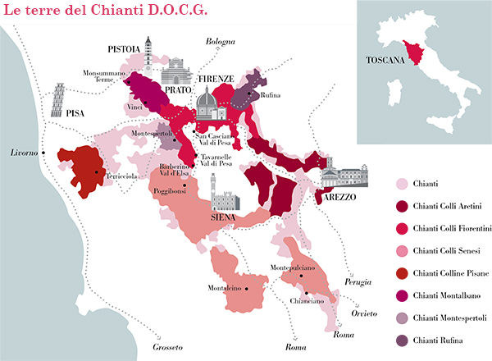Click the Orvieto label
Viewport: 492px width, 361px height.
(x=364, y=313)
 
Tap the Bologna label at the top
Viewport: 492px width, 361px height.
(x=220, y=41)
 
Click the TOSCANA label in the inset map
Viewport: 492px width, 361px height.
(x=386, y=60)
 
